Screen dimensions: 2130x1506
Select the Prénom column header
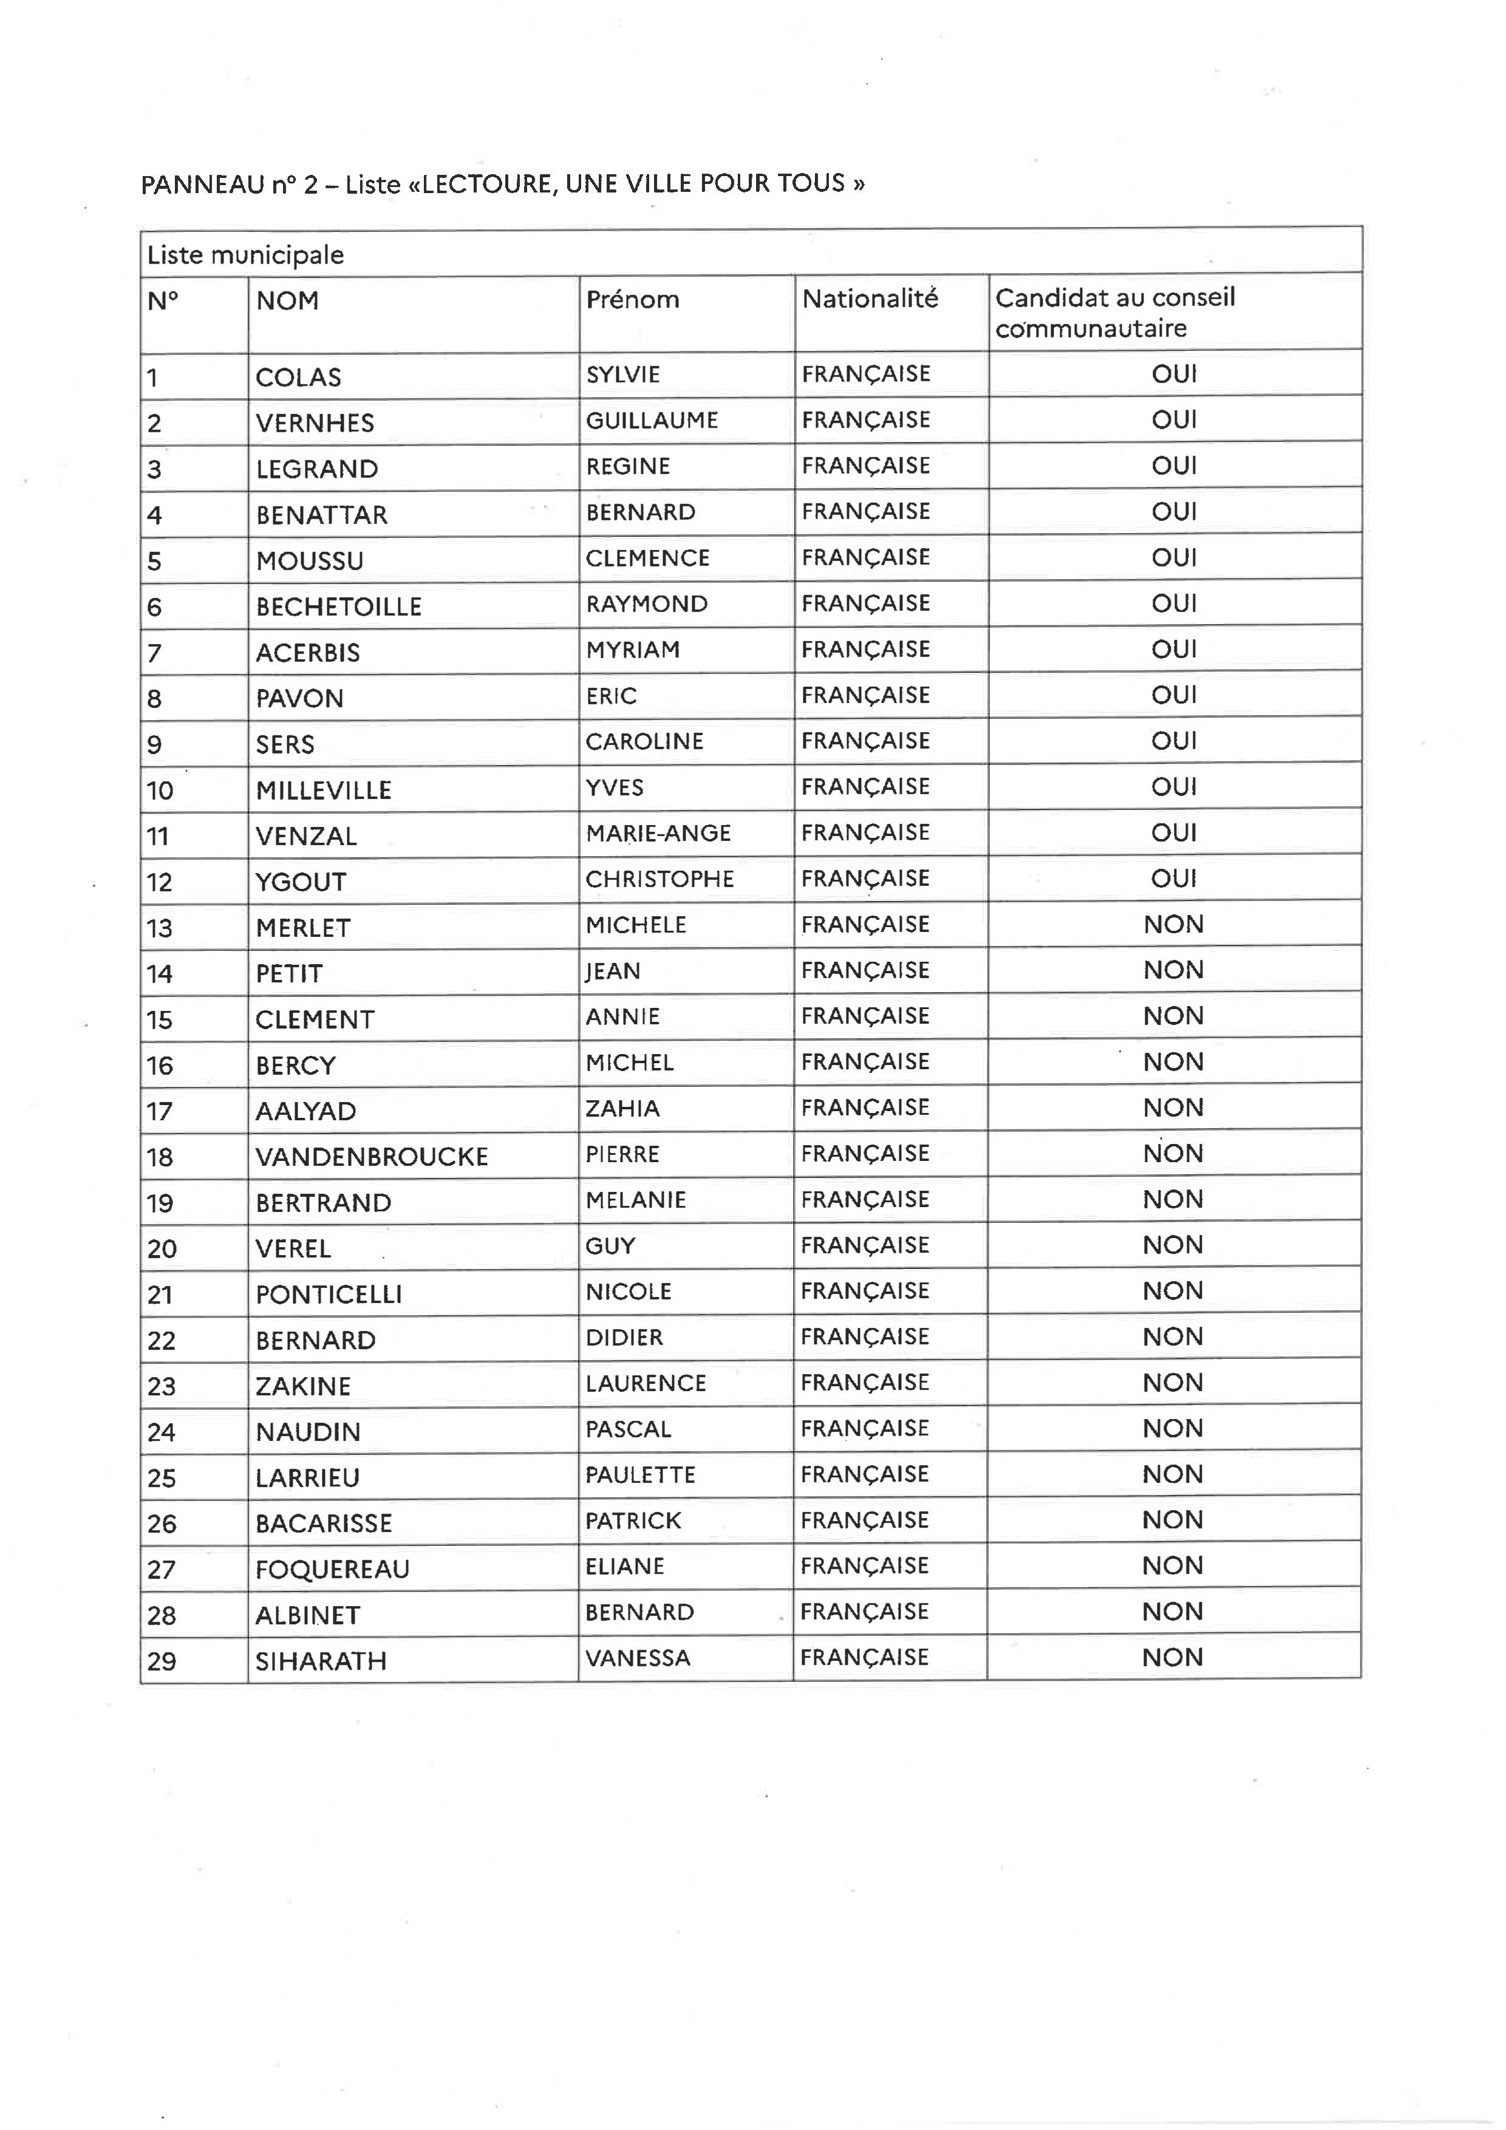[632, 300]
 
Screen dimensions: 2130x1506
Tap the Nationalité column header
[870, 299]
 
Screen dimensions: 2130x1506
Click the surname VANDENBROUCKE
[371, 1157]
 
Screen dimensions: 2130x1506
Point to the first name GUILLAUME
[652, 420]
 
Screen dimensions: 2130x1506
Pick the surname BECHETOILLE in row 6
[339, 607]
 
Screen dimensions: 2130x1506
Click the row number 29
[162, 1661]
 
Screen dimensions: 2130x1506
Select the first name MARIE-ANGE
[658, 833]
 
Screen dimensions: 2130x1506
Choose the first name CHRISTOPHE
[659, 879]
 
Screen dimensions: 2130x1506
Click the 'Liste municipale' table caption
[246, 255]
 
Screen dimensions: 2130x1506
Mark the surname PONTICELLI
[329, 1294]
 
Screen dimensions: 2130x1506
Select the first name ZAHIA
[622, 1109]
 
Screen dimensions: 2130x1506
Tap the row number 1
[152, 378]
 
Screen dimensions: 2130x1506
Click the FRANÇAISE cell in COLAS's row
[866, 374]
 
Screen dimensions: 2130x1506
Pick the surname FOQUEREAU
[332, 1569]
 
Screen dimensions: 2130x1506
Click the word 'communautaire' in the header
[1090, 328]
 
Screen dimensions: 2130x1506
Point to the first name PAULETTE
[640, 1475]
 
